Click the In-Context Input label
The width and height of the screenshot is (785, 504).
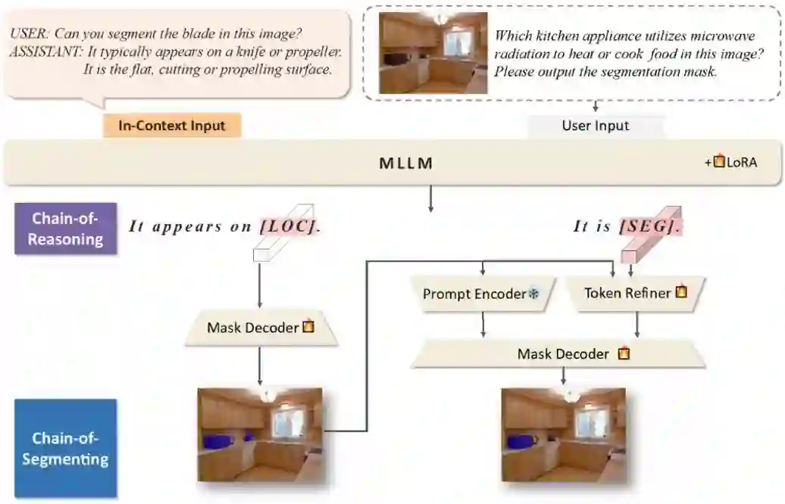pyautogui.click(x=172, y=126)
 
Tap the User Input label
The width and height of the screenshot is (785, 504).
pyautogui.click(x=596, y=126)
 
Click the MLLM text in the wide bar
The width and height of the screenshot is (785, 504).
pyautogui.click(x=406, y=163)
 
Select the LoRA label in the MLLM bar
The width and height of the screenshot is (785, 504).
pyautogui.click(x=742, y=163)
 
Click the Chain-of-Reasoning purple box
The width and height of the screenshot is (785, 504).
pyautogui.click(x=67, y=229)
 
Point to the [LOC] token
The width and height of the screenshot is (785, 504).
pyautogui.click(x=287, y=226)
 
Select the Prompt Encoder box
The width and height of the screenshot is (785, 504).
pyautogui.click(x=474, y=294)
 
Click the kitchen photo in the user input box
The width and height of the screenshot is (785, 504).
pyautogui.click(x=433, y=52)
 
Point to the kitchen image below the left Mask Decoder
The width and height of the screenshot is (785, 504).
pyautogui.click(x=260, y=435)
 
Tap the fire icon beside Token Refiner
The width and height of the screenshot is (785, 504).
pyautogui.click(x=681, y=292)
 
